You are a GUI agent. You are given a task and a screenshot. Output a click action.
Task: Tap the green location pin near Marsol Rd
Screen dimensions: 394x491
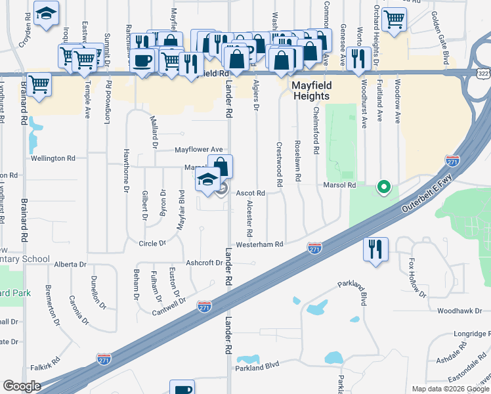(x=382, y=188)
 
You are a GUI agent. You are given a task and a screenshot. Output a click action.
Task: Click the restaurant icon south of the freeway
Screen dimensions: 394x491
(x=376, y=250)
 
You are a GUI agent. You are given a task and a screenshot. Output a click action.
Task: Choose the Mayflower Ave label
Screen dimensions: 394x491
(x=198, y=150)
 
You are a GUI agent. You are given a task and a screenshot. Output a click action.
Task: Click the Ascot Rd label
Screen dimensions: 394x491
(x=250, y=193)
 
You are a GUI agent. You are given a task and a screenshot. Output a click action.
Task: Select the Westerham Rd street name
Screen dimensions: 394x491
(x=259, y=244)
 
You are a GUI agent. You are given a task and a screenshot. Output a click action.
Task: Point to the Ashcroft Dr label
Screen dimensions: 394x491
(x=204, y=263)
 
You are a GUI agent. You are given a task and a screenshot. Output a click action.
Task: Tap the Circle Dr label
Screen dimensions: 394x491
(x=152, y=244)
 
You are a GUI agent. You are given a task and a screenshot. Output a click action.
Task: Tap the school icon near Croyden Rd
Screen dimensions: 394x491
(x=46, y=14)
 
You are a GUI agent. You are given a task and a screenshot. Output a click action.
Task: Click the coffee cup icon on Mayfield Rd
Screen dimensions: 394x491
(x=142, y=61)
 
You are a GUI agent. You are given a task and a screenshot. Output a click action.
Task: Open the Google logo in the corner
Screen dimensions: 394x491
(x=22, y=386)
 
